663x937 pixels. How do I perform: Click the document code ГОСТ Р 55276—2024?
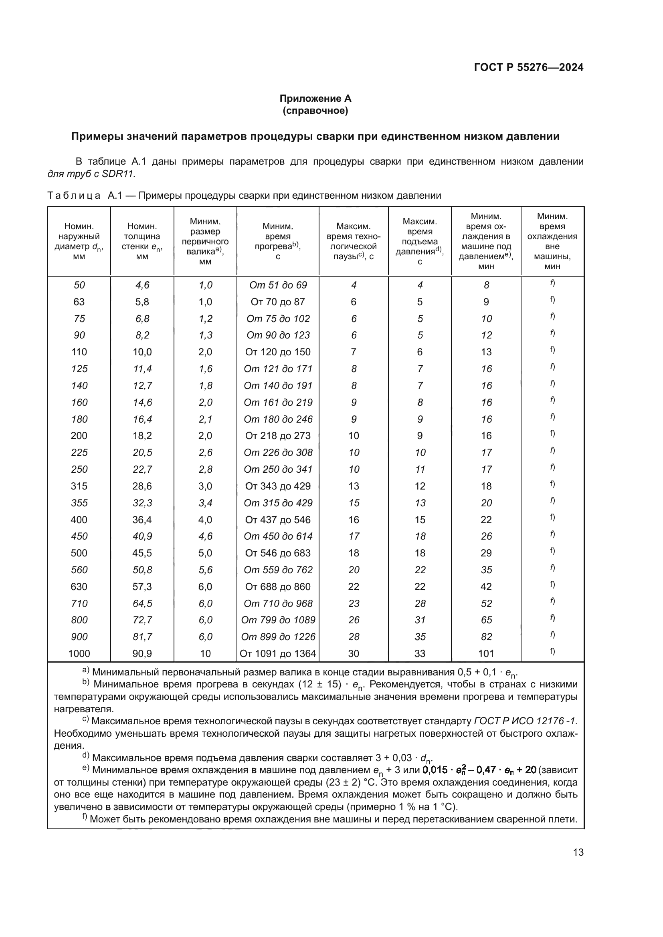pos(529,67)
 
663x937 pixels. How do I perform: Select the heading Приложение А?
pos(315,99)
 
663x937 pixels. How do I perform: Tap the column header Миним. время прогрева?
pos(278,241)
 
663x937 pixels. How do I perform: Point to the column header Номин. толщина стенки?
pos(142,241)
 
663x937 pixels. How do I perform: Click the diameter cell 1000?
pos(79,653)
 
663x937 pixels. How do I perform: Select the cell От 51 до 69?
pos(278,285)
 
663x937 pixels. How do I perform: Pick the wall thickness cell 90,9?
pos(142,653)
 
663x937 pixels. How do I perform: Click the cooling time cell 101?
pos(486,653)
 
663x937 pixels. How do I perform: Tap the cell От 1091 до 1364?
pos(278,653)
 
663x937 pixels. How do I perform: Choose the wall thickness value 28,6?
pos(142,486)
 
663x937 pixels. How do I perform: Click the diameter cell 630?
pos(79,586)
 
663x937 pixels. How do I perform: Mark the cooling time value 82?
pos(486,637)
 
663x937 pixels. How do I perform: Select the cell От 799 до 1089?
pos(278,620)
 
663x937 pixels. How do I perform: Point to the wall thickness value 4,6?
pos(142,285)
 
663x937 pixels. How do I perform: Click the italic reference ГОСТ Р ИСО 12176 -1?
pos(526,733)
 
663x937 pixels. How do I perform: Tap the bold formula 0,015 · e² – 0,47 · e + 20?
pos(479,770)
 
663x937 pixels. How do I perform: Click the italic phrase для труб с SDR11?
pos(91,174)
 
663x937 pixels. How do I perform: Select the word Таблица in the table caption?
pos(74,195)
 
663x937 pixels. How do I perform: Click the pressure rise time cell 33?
pos(420,653)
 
